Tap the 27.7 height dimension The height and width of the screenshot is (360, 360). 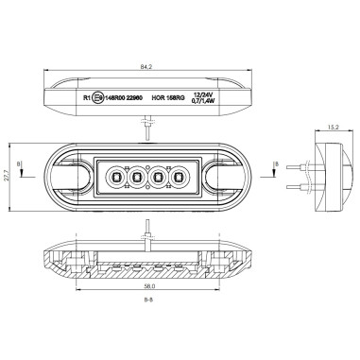tap(8, 175)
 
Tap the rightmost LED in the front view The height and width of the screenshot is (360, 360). tap(179, 175)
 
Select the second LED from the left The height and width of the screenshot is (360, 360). tap(137, 175)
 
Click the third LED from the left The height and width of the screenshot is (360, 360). tap(158, 175)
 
